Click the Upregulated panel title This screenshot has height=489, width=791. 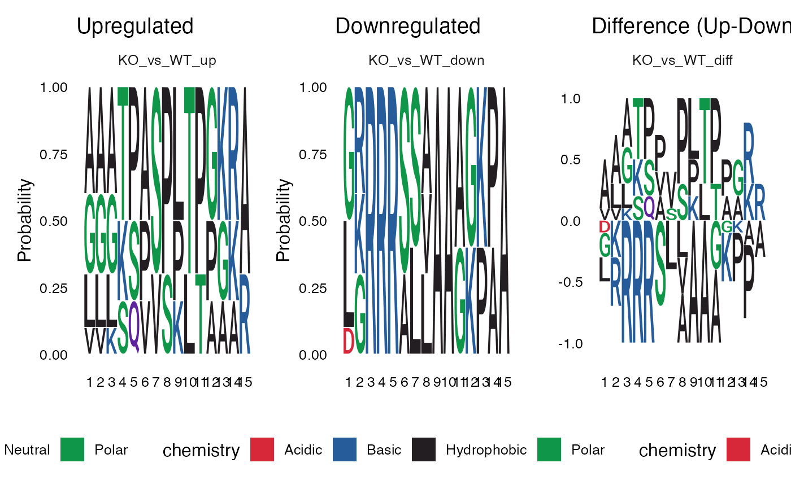pos(135,27)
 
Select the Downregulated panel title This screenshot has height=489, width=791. pos(408,27)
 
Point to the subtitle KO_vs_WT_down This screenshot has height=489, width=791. pos(427,60)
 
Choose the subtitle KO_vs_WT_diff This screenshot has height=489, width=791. pos(683,60)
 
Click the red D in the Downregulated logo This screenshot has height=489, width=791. pos(349,340)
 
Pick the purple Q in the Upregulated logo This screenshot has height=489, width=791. pos(134,325)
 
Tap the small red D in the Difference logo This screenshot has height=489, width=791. pos(605,227)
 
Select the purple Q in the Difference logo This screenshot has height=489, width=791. pos(649,207)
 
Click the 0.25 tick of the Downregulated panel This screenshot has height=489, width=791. pos(311,289)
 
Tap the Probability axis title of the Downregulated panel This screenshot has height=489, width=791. pos(284,220)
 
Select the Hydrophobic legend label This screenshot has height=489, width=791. pos(486,450)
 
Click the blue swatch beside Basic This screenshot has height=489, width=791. pos(345,450)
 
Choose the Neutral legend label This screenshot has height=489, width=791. pos(27,450)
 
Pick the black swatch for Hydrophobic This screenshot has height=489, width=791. pos(424,450)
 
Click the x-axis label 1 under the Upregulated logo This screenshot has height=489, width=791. pos(90,382)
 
